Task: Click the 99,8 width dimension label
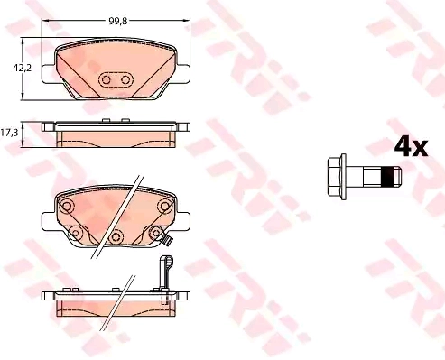coord(118,21)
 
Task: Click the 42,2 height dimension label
coord(22,69)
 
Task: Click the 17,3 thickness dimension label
coord(9,133)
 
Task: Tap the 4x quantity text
coord(411,146)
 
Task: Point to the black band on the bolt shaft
coord(387,176)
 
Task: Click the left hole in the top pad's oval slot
coord(106,80)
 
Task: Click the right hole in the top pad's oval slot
coord(125,80)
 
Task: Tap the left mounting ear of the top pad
coord(48,74)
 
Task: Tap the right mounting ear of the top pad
coord(183,74)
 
